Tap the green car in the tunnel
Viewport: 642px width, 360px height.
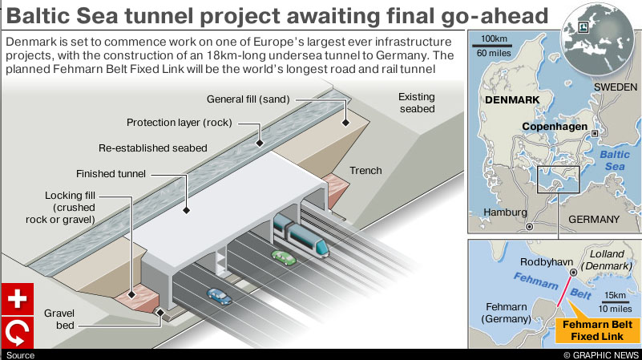(282, 257)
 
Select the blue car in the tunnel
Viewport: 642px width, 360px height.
(219, 296)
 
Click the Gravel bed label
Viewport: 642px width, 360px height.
(59, 319)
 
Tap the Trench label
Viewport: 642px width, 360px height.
(365, 170)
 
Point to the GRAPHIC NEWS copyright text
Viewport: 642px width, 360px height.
(601, 354)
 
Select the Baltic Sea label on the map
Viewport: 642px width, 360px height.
(615, 160)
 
